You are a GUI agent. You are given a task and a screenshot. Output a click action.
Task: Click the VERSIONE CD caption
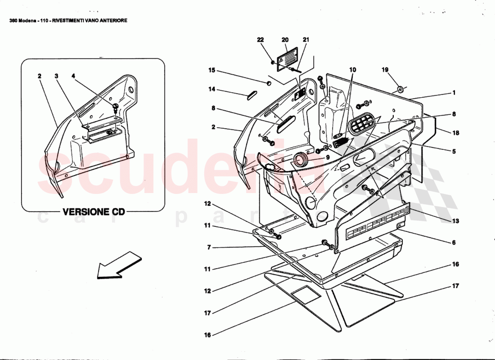click(93, 211)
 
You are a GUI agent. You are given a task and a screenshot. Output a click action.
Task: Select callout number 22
click(260, 40)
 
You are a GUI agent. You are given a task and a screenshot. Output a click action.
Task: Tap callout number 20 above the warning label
click(284, 40)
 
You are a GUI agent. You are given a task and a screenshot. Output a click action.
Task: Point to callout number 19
click(385, 70)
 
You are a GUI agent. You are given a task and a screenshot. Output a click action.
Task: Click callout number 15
click(211, 70)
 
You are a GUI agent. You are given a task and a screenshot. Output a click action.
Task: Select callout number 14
click(211, 90)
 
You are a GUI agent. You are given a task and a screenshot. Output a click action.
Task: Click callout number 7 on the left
click(208, 247)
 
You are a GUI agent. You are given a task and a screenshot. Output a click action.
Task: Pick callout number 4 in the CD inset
click(73, 76)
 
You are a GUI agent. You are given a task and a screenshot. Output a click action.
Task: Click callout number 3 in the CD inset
click(57, 76)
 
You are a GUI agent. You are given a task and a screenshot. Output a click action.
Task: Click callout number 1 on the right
click(454, 93)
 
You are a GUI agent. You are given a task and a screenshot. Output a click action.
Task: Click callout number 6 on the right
click(454, 242)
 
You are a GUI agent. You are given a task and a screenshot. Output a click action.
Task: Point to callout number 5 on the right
click(454, 152)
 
